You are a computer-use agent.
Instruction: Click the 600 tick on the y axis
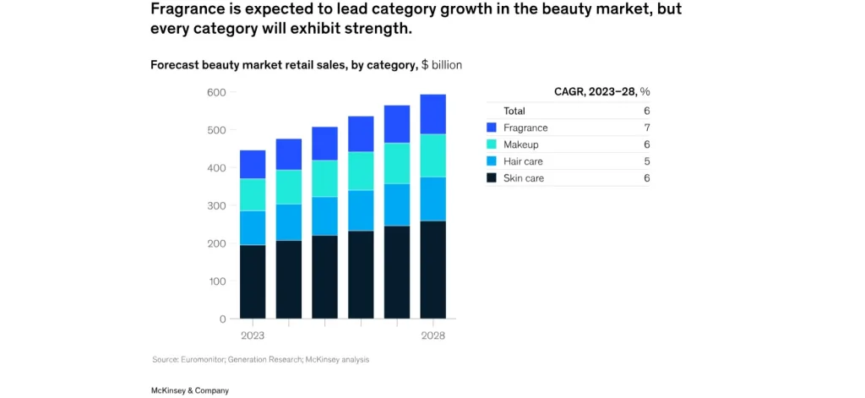coord(215,92)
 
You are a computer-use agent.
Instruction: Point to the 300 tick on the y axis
coord(215,205)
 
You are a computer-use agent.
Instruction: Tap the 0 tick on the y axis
coord(222,319)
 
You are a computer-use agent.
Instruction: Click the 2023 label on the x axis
coord(253,335)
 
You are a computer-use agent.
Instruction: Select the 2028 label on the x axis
coord(433,335)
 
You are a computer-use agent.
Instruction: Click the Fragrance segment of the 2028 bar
coord(433,114)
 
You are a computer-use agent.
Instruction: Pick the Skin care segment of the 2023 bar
coord(253,281)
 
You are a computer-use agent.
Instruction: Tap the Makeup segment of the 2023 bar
coord(253,194)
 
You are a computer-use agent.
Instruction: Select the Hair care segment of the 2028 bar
coord(433,199)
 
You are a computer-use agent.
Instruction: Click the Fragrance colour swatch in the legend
coord(492,128)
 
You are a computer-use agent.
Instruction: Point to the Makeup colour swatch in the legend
coord(492,144)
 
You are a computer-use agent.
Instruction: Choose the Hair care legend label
coord(523,161)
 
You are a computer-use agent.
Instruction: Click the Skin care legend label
coord(524,178)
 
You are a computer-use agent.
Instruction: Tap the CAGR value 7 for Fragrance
coord(646,128)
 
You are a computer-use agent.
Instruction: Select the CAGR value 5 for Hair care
coord(646,161)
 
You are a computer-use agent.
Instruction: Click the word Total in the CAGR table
coord(514,111)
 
